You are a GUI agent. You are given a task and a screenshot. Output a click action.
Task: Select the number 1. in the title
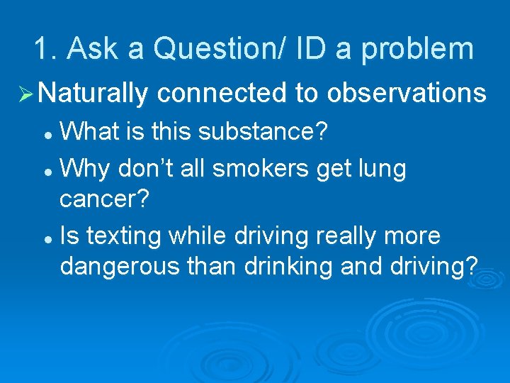[48, 49]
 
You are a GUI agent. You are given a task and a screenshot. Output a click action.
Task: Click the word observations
[407, 93]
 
